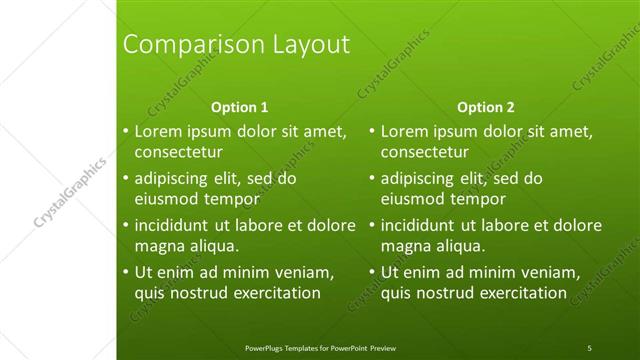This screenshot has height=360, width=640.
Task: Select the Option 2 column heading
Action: pyautogui.click(x=486, y=107)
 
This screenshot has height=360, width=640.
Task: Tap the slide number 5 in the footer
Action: pyautogui.click(x=589, y=348)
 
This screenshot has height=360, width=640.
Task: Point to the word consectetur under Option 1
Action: pyautogui.click(x=178, y=153)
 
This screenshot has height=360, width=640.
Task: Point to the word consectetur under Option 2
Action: pyautogui.click(x=424, y=153)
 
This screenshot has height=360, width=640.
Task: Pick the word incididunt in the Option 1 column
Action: pyautogui.click(x=174, y=225)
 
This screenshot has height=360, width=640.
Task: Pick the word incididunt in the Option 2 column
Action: pyautogui.click(x=420, y=225)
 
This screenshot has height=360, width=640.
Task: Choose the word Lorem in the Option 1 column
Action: pyautogui.click(x=156, y=131)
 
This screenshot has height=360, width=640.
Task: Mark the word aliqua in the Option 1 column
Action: pyautogui.click(x=208, y=246)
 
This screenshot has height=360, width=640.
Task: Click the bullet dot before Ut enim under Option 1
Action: pyautogui.click(x=125, y=272)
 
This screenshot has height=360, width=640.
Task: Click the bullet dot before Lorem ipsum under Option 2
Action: pyautogui.click(x=371, y=131)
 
